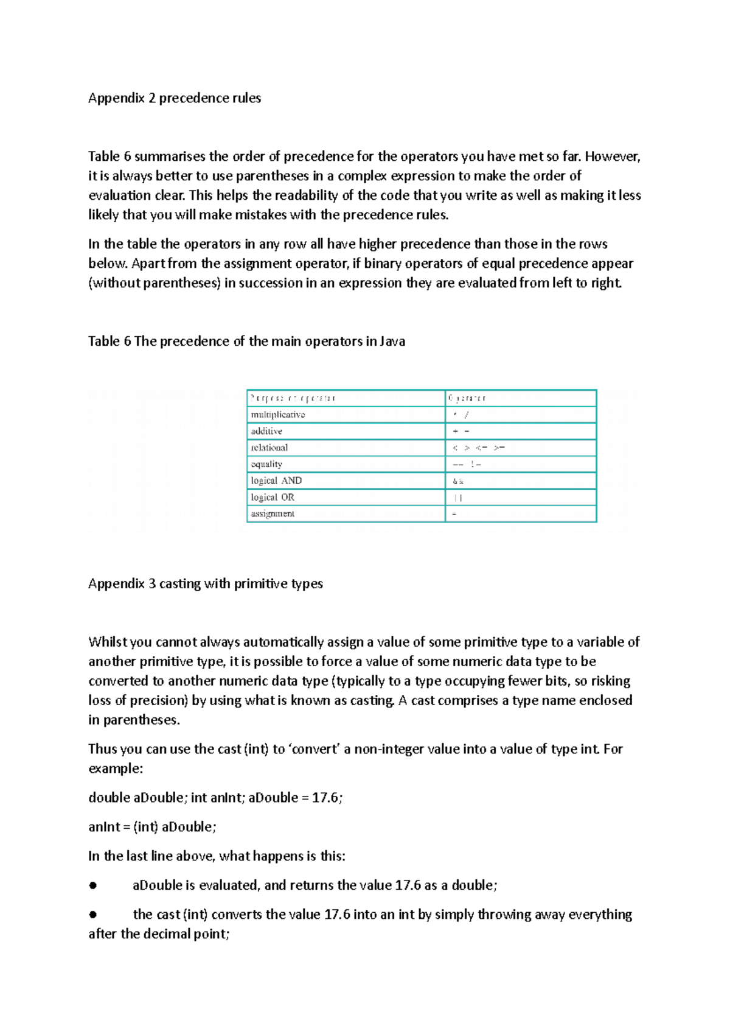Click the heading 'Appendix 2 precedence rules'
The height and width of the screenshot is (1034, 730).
pyautogui.click(x=175, y=98)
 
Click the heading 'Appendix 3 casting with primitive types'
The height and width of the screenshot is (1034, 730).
pyautogui.click(x=206, y=583)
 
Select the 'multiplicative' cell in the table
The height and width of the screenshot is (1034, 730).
pyautogui.click(x=278, y=415)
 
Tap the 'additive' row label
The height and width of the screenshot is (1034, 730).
pyautogui.click(x=266, y=431)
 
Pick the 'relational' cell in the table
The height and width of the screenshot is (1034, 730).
pyautogui.click(x=269, y=448)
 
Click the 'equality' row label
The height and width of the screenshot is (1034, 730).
pyautogui.click(x=266, y=464)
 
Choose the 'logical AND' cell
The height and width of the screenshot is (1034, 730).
pyautogui.click(x=276, y=480)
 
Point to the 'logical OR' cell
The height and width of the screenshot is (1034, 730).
pyautogui.click(x=273, y=497)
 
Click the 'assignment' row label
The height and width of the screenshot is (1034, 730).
pyautogui.click(x=273, y=513)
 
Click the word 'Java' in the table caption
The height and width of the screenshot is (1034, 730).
pyautogui.click(x=392, y=341)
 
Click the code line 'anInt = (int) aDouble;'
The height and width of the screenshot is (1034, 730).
pyautogui.click(x=152, y=827)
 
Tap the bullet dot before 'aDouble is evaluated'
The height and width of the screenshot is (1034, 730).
pyautogui.click(x=93, y=886)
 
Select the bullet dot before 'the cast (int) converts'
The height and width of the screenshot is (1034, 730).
pyautogui.click(x=93, y=915)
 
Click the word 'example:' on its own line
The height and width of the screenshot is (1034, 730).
pyautogui.click(x=116, y=768)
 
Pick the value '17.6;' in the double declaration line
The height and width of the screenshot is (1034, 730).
pyautogui.click(x=327, y=798)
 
